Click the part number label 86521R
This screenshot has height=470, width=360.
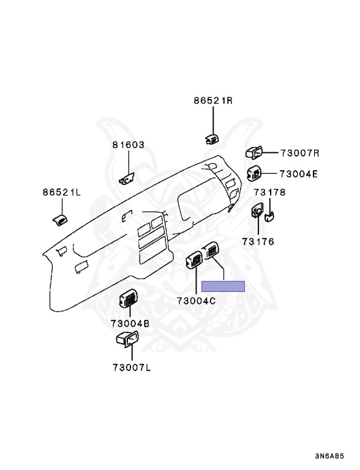pyautogui.click(x=213, y=100)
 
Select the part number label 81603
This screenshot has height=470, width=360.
pyautogui.click(x=129, y=145)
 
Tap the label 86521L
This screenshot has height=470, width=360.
pyautogui.click(x=62, y=192)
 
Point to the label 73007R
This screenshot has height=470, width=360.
pyautogui.click(x=300, y=153)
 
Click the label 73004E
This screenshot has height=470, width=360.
pyautogui.click(x=299, y=174)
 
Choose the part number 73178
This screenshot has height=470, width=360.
pyautogui.click(x=270, y=192)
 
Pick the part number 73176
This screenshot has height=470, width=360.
pyautogui.click(x=258, y=241)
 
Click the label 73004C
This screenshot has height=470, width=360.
pyautogui.click(x=196, y=300)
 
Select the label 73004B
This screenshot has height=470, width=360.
pyautogui.click(x=130, y=324)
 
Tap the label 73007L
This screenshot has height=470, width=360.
pyautogui.click(x=132, y=367)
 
